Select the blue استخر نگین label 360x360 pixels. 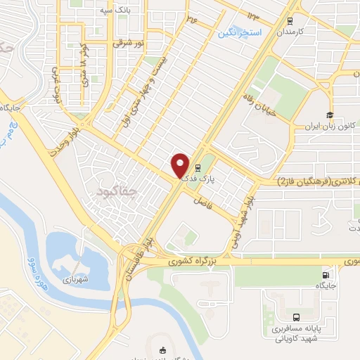240,33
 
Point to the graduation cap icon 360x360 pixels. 328,115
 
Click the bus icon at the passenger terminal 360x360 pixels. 296,317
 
